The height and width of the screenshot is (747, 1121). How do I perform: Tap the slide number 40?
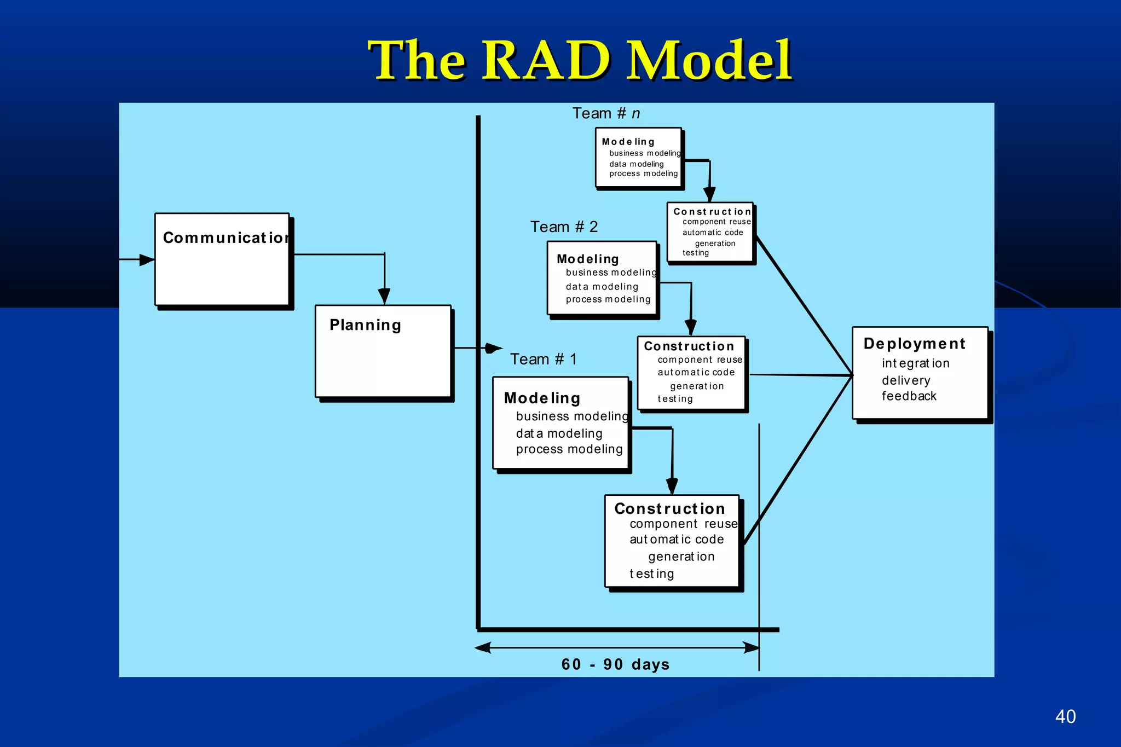coord(1065,716)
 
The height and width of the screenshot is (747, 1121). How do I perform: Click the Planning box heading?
coord(365,325)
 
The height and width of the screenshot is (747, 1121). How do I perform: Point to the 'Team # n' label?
coord(605,113)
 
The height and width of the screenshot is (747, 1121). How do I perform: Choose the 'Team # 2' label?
coord(564,227)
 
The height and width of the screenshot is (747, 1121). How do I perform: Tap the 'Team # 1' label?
coord(543,359)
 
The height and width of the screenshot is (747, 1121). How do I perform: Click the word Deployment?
coord(914,344)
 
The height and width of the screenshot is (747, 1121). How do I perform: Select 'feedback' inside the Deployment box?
coord(909,396)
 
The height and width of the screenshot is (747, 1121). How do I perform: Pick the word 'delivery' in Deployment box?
coord(906,380)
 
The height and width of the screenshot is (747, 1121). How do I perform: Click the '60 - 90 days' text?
coord(615,664)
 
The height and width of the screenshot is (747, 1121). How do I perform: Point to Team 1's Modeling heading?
coord(542,398)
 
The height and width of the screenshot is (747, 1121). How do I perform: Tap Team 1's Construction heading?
coord(669,509)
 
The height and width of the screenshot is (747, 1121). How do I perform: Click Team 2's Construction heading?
coord(689,346)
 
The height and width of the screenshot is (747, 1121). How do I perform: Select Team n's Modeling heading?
coord(628,142)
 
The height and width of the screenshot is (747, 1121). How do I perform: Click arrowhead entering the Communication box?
coord(147,260)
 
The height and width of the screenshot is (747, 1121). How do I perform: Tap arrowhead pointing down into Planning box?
coord(384,296)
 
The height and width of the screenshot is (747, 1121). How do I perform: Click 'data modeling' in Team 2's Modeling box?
coord(602,287)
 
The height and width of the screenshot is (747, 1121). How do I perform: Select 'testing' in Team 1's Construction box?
coord(651,574)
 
